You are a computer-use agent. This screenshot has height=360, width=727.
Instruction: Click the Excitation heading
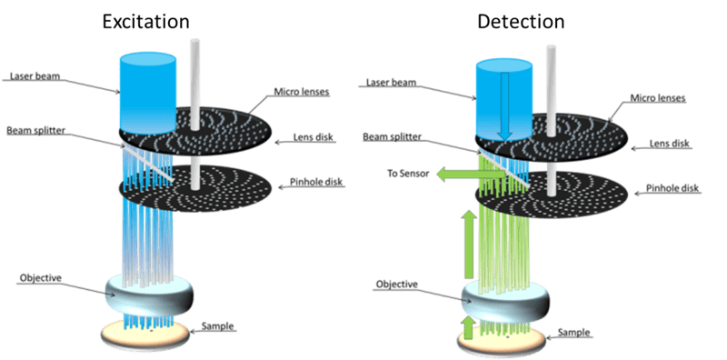click(x=145, y=22)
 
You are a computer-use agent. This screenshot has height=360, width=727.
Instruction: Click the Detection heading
click(x=521, y=22)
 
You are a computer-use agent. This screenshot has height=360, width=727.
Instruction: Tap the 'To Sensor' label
click(x=408, y=174)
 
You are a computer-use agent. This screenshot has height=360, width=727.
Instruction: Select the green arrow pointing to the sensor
click(x=472, y=174)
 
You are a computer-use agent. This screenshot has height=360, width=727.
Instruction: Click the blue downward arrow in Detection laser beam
click(x=505, y=106)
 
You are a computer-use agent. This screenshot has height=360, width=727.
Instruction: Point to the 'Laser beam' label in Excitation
click(x=35, y=76)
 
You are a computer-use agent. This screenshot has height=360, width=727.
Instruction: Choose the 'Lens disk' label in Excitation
click(x=312, y=137)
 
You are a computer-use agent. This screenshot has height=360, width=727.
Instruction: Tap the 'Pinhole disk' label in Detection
click(x=672, y=189)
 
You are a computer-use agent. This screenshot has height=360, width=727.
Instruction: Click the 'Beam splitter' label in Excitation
click(x=36, y=130)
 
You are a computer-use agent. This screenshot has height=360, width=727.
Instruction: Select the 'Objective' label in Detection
click(x=396, y=284)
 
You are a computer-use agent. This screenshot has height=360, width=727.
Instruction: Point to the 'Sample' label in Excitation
click(x=218, y=326)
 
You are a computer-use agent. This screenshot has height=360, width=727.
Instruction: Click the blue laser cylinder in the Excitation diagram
click(x=147, y=94)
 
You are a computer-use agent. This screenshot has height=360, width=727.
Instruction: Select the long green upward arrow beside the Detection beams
click(x=470, y=244)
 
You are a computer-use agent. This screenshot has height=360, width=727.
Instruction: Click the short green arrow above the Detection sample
click(x=469, y=327)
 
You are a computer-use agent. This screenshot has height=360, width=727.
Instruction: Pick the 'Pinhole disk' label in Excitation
click(x=316, y=182)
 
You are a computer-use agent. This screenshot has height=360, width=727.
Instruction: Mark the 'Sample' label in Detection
click(x=574, y=332)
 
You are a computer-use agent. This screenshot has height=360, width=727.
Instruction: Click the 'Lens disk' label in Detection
click(x=668, y=144)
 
